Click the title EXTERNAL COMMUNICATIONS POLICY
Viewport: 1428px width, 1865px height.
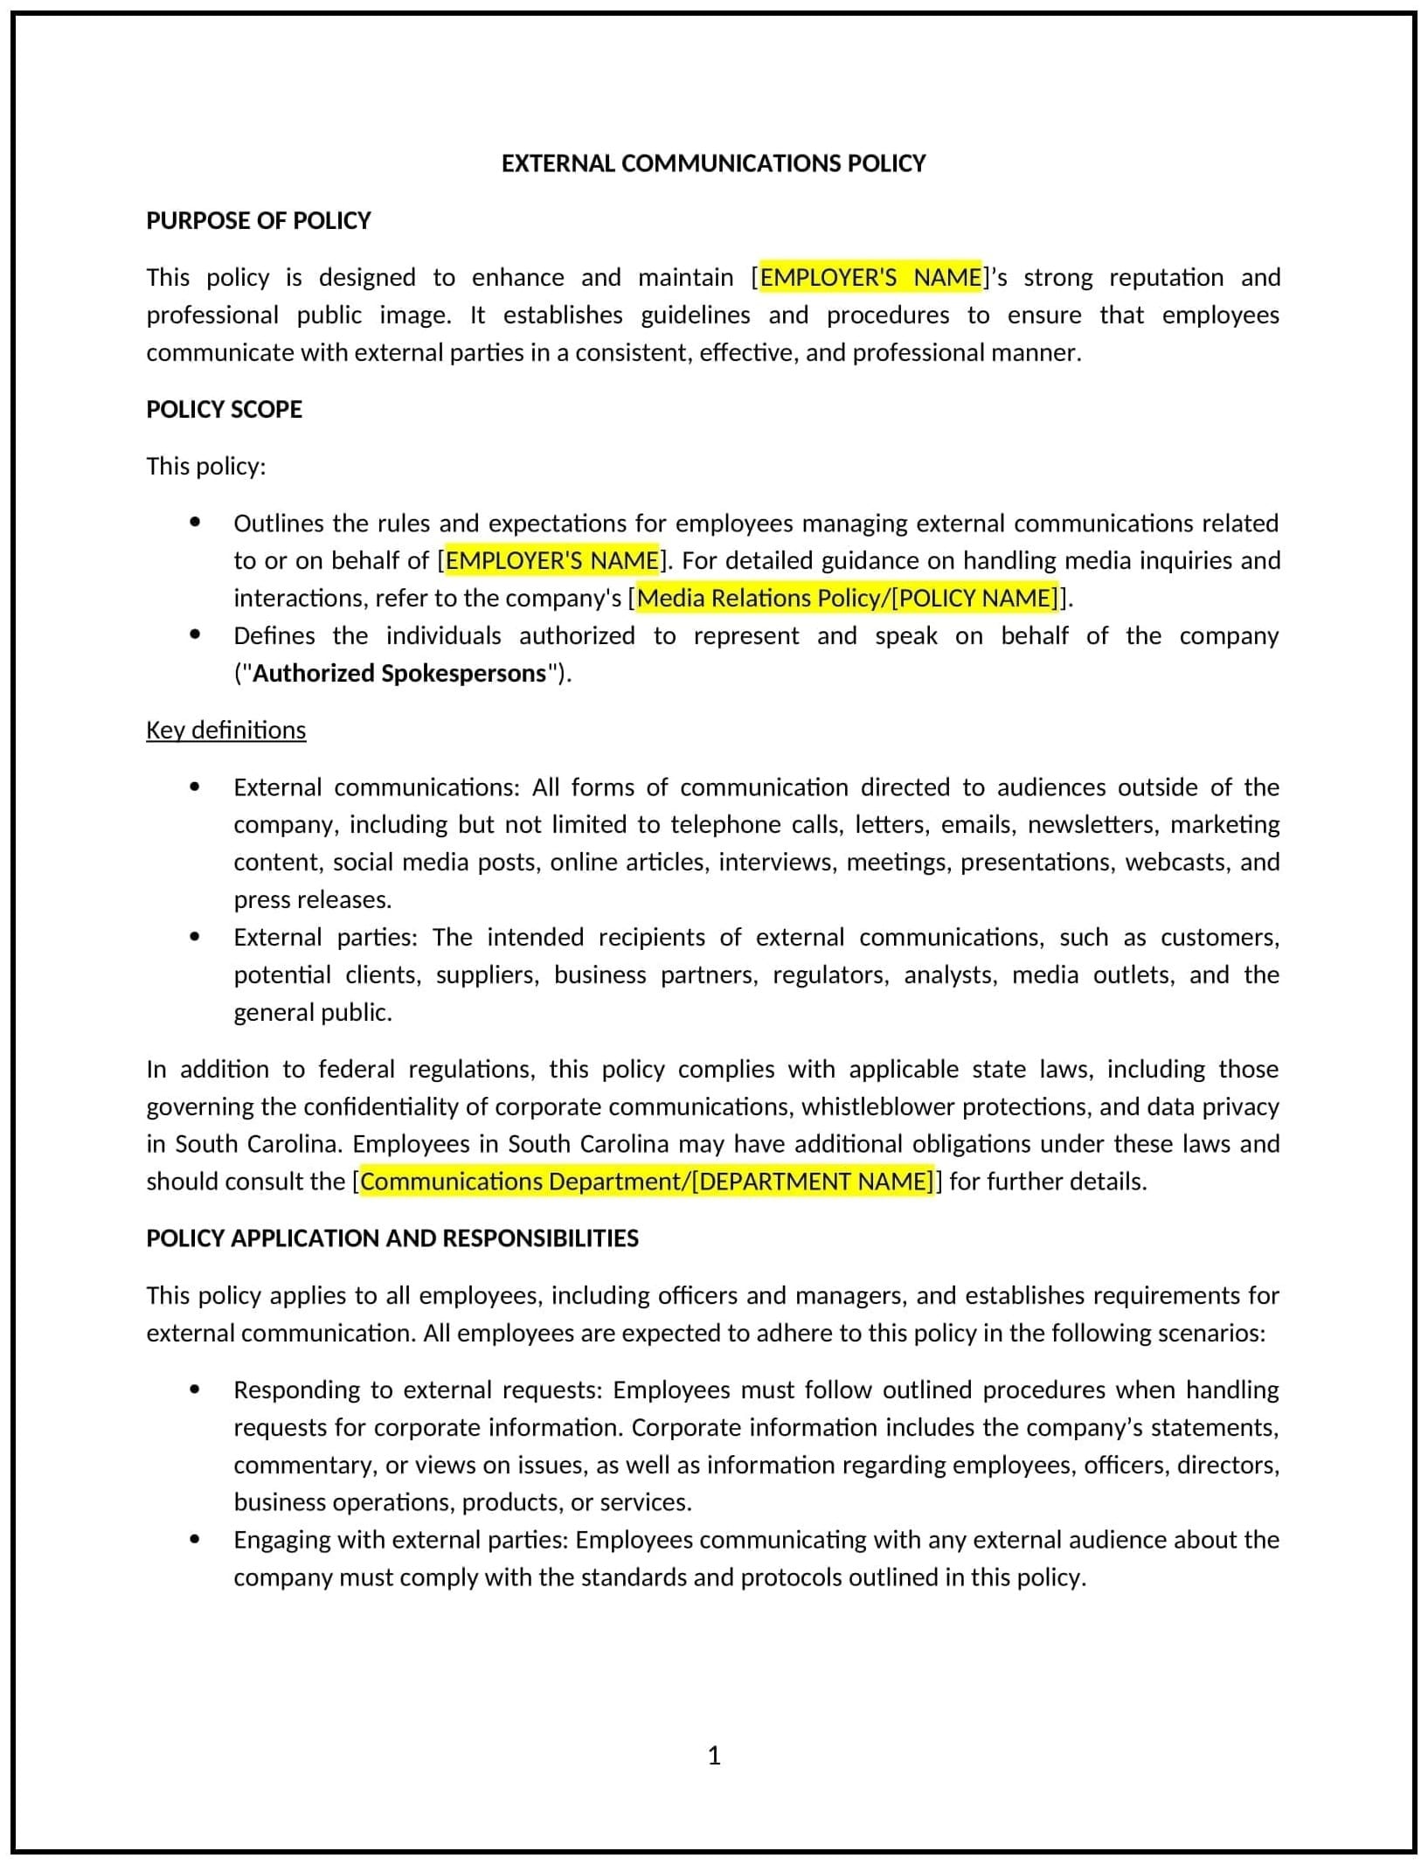pos(713,163)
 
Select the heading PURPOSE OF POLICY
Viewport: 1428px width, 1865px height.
pos(259,220)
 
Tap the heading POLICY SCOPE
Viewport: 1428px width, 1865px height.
pos(224,409)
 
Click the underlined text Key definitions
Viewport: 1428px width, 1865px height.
pos(225,730)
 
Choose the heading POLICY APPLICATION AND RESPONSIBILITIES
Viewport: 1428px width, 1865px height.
pos(392,1238)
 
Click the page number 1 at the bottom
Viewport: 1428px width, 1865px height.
pos(714,1755)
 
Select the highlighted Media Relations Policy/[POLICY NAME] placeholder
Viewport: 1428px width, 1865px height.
pos(847,598)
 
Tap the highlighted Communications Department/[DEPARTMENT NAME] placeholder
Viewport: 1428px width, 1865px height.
pos(647,1182)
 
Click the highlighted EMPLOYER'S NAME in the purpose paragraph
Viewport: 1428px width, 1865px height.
pos(870,277)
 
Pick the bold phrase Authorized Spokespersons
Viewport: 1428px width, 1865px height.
pos(399,673)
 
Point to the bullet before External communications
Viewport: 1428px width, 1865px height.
pos(195,787)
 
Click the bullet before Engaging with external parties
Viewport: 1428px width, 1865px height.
pos(195,1539)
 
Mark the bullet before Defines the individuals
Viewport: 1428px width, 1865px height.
pos(195,635)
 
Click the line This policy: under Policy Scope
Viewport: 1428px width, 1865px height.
pos(205,466)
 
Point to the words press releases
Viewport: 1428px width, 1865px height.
pos(312,899)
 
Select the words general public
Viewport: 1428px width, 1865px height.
pos(312,1012)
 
